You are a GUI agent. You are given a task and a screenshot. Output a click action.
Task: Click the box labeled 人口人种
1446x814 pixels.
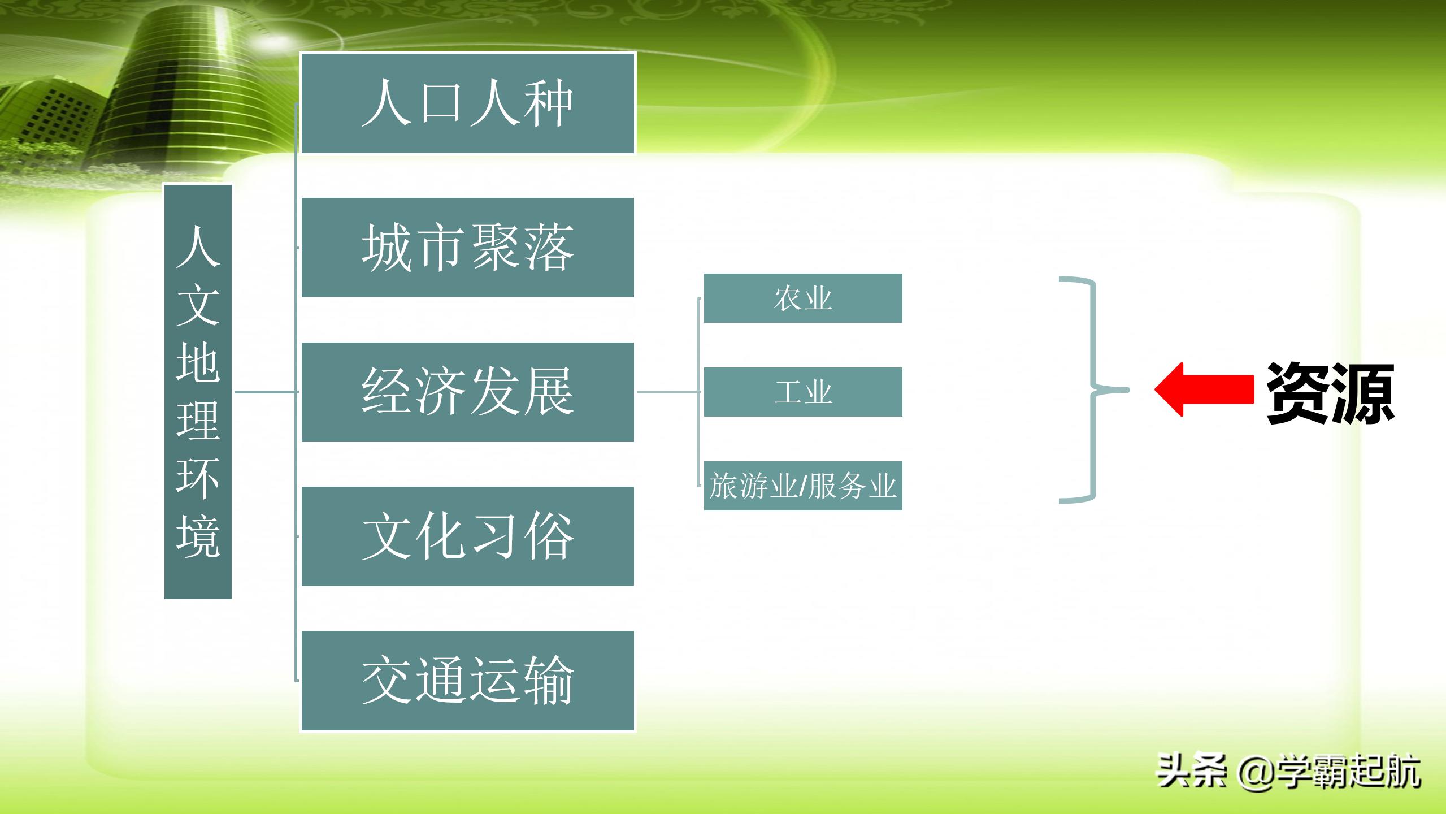click(467, 103)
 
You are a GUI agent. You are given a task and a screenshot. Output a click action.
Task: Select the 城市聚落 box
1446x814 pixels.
click(467, 247)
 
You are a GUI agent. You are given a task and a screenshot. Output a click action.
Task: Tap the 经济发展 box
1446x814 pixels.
click(467, 392)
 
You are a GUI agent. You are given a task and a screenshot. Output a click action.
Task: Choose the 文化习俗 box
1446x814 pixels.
click(467, 536)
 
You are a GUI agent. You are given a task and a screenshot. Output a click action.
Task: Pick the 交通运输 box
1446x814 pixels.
click(467, 681)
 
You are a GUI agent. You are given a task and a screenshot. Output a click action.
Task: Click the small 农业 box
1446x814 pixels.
click(802, 298)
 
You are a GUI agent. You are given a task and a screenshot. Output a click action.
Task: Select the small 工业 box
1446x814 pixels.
click(802, 392)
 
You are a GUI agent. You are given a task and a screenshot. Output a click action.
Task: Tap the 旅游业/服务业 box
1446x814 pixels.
click(802, 486)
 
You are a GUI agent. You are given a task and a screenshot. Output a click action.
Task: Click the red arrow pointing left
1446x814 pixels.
click(1204, 389)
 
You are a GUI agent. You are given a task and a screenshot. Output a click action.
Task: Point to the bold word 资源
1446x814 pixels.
click(1330, 393)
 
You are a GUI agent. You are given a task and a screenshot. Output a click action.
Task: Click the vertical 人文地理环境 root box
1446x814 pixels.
click(198, 391)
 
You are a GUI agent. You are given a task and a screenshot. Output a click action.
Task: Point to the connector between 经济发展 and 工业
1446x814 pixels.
click(668, 391)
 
